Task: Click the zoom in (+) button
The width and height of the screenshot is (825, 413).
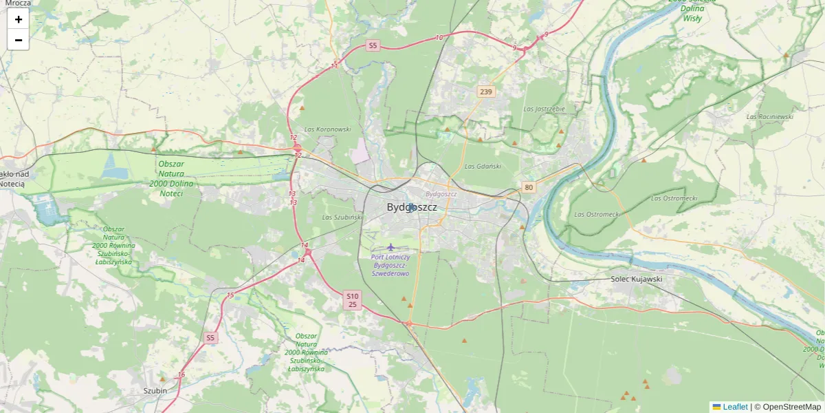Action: point(19,19)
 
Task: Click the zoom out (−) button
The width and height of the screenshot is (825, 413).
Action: point(19,40)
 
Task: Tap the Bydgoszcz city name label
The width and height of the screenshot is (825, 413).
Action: point(412,207)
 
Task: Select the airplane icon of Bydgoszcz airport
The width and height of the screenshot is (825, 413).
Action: point(391,247)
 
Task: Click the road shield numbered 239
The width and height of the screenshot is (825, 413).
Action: point(486,92)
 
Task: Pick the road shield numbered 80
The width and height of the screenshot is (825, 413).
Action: point(528,187)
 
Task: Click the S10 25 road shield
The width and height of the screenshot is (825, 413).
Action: point(353,299)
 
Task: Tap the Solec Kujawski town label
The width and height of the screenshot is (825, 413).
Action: point(636,279)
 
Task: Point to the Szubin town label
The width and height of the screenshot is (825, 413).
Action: point(155,390)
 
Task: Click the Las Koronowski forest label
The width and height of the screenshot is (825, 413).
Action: point(327,129)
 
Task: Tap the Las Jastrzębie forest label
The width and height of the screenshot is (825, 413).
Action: point(544,109)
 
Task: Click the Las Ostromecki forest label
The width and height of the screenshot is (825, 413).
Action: point(597,214)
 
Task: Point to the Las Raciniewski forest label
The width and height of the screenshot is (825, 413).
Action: point(770,116)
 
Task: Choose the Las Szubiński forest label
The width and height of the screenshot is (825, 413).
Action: point(342,218)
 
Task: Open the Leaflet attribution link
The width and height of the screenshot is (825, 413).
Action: point(734,407)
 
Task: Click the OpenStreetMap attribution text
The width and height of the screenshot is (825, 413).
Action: point(791,407)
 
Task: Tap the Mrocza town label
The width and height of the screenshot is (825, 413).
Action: point(17,3)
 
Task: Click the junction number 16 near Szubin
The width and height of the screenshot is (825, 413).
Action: point(181,374)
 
